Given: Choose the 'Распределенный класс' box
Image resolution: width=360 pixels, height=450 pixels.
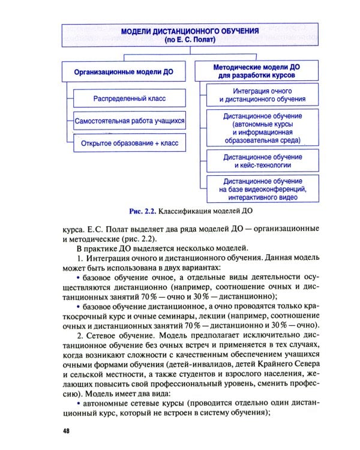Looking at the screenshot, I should point(129,98).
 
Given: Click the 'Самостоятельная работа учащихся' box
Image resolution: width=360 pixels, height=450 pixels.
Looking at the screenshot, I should point(129,121).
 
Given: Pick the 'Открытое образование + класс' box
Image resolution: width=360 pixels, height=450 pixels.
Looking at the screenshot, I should point(129,143).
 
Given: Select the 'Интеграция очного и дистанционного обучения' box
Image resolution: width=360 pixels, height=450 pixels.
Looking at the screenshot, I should point(262,95).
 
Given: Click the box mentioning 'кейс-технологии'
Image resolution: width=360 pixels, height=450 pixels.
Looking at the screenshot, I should point(262,161).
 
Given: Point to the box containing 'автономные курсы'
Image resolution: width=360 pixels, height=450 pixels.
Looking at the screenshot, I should point(262,128).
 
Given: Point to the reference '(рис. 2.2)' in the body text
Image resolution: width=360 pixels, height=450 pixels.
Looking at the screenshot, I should point(133,238).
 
